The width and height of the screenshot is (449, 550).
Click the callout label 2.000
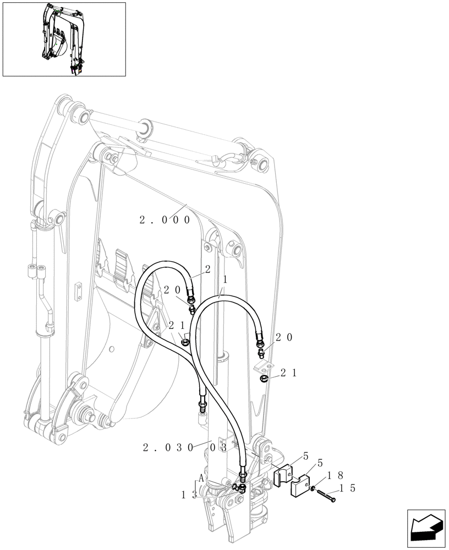[x=165, y=220]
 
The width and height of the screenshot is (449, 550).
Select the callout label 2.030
[x=168, y=448]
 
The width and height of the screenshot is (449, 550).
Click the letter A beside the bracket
[x=201, y=479]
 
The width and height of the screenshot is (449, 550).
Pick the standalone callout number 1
[x=225, y=279]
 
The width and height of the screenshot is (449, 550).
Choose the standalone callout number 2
[x=208, y=269]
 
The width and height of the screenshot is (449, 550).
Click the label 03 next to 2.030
[x=218, y=448]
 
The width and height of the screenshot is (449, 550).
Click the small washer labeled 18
[x=312, y=489]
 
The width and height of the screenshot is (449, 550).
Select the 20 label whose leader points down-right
[x=172, y=290]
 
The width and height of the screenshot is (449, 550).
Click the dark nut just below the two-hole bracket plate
[x=265, y=379]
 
